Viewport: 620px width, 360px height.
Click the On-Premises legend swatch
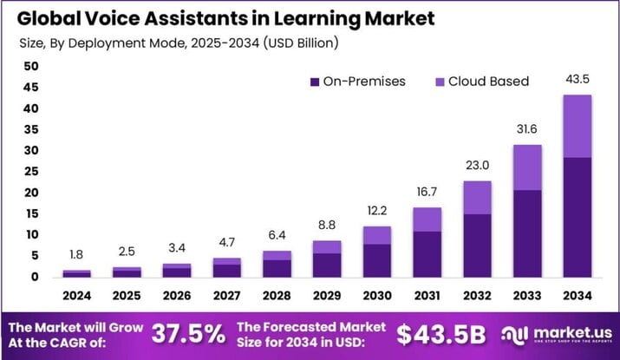pos(314,82)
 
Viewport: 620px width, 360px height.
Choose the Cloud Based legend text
pos(487,82)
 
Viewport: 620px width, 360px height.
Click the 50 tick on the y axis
pos(31,67)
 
